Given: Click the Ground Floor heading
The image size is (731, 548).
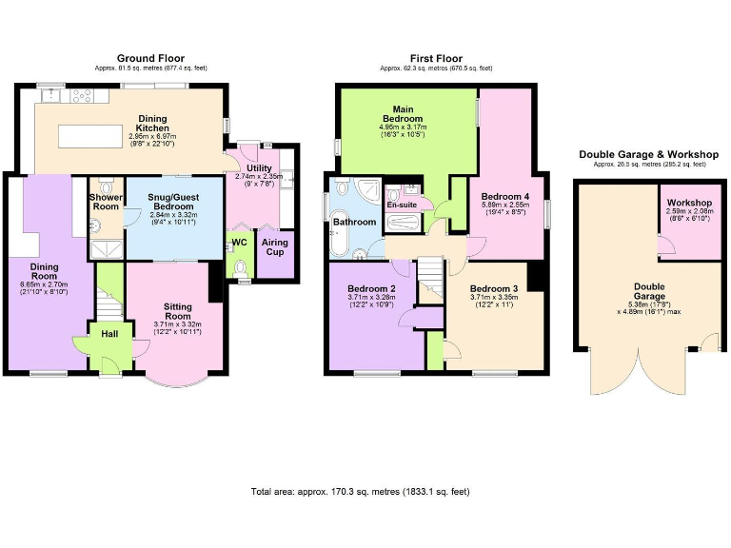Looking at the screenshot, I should pyautogui.click(x=150, y=58).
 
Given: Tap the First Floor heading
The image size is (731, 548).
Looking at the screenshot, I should pyautogui.click(x=436, y=58).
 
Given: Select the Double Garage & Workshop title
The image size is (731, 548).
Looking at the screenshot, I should pyautogui.click(x=649, y=154).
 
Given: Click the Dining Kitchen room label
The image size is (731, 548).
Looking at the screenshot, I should pyautogui.click(x=152, y=122).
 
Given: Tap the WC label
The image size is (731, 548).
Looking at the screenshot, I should pyautogui.click(x=239, y=243).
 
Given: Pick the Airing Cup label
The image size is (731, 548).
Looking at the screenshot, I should pyautogui.click(x=275, y=247).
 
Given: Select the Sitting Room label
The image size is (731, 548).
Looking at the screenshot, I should pyautogui.click(x=178, y=311).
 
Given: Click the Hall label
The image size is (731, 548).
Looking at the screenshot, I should pyautogui.click(x=109, y=334).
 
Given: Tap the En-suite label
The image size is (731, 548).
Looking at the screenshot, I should pyautogui.click(x=400, y=205).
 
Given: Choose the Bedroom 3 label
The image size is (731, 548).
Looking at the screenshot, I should pyautogui.click(x=494, y=288).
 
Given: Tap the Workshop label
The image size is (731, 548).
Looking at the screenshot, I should pyautogui.click(x=690, y=203).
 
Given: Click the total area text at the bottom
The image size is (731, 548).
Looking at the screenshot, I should pyautogui.click(x=360, y=492).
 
